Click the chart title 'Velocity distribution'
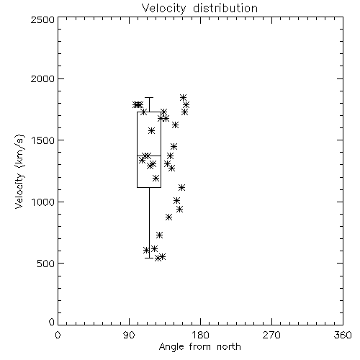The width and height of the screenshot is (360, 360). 199,8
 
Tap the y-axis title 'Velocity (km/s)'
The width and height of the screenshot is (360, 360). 19,171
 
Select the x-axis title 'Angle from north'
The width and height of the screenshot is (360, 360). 199,347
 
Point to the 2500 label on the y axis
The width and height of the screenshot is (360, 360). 42,19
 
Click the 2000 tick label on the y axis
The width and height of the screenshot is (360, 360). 42,78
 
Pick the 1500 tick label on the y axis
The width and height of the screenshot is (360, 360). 43,140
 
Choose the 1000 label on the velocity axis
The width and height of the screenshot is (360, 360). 43,202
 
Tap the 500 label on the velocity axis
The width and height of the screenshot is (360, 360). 46,264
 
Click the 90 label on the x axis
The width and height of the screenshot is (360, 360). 129,335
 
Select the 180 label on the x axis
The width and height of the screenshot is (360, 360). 200,335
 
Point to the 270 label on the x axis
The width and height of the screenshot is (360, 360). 271,335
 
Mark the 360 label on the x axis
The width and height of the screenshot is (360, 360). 343,335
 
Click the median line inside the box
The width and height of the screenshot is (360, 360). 149,156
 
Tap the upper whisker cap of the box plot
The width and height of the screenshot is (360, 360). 149,98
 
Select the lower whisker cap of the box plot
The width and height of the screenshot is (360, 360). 149,258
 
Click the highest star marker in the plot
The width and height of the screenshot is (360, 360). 184,97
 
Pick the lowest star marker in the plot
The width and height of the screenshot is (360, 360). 158,258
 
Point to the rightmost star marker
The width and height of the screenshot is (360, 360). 186,104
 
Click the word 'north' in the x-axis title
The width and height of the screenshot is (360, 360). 229,347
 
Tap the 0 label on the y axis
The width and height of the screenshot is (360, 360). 52,322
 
